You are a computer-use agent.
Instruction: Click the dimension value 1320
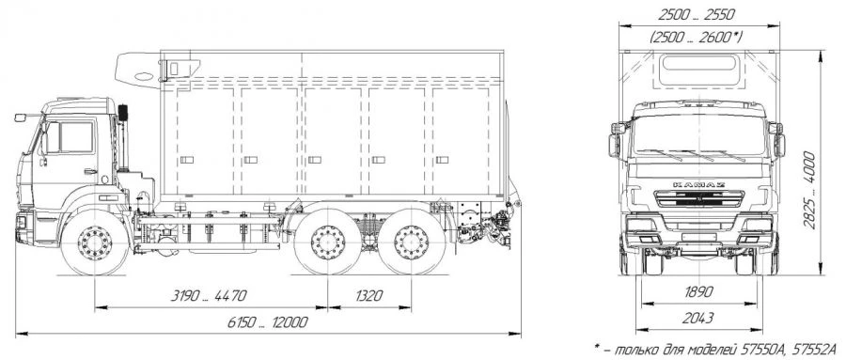(369, 296)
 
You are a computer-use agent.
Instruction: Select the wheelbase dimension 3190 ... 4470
(209, 296)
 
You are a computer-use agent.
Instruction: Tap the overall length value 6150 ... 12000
(268, 322)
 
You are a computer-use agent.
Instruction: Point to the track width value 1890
(699, 292)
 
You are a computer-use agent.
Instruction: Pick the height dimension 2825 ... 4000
(809, 191)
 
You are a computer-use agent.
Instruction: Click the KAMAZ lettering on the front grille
(699, 184)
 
